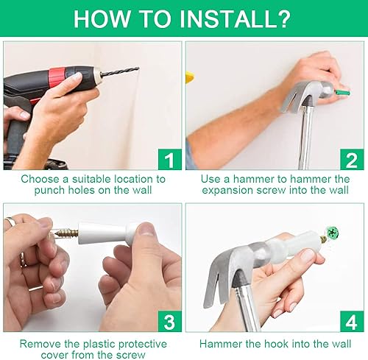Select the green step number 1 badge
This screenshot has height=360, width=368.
pos(170,159)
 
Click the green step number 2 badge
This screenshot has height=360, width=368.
pos(352,159)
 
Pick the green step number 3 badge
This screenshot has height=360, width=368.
pos(170,321)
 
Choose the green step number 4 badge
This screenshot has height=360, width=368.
pos(352,321)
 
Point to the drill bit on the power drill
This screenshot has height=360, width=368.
pos(120,71)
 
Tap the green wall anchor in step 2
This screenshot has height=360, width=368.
pos(343,93)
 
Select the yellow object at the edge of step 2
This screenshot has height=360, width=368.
pos(190,77)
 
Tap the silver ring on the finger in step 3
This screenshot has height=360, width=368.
pos(10,222)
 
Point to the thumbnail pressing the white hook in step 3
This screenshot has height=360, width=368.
pos(146,229)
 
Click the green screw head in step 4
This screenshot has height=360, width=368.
pos(333,232)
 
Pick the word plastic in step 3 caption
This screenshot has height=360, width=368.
pos(99,344)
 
